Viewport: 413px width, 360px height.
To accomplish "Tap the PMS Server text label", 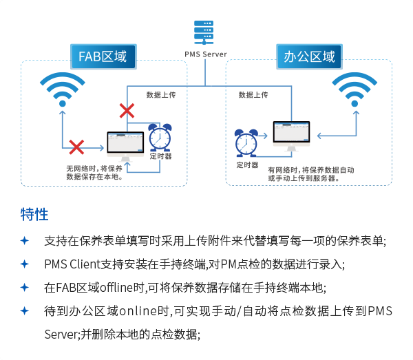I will (x=205, y=54).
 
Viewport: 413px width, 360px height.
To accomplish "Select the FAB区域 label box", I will (x=103, y=56).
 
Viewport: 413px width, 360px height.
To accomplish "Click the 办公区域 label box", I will (x=309, y=56).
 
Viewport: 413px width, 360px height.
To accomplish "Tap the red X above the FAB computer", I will (x=127, y=109).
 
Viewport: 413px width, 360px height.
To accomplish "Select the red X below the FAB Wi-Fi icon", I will (x=76, y=147).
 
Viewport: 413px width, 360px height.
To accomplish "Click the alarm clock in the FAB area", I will (x=160, y=137).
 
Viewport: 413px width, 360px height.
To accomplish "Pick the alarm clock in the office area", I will (x=246, y=142).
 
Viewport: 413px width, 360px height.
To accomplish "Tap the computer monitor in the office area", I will (x=292, y=135).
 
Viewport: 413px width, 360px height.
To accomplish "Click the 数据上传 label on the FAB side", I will (x=161, y=94).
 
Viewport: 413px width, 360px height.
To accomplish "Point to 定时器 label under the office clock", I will (x=247, y=165).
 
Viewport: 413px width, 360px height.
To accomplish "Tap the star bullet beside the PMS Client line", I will (x=25, y=264).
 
